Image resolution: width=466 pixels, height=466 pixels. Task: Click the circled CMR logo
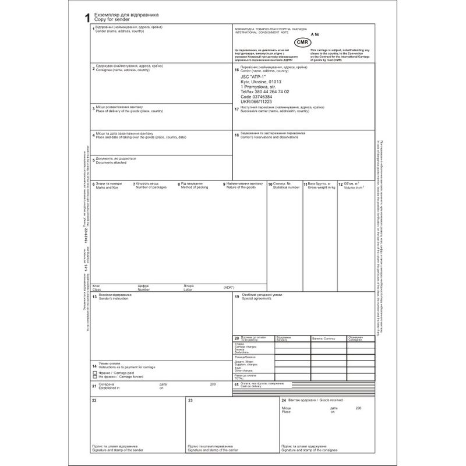(x=302, y=43)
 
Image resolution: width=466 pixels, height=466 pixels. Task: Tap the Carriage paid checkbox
(x=95, y=372)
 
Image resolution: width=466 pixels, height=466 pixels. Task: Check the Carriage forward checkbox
(x=95, y=377)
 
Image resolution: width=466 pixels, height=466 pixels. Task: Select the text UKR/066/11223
(x=256, y=101)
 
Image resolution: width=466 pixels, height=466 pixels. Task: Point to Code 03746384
(x=256, y=97)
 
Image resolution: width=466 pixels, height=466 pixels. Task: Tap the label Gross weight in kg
(x=322, y=188)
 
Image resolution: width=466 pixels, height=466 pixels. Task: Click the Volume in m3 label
(x=354, y=188)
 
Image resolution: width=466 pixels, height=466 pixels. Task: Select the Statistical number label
(x=287, y=188)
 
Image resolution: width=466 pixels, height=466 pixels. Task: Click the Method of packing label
(x=194, y=188)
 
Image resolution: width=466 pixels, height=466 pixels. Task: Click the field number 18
(x=236, y=135)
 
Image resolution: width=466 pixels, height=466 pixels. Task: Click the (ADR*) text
(x=228, y=288)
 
